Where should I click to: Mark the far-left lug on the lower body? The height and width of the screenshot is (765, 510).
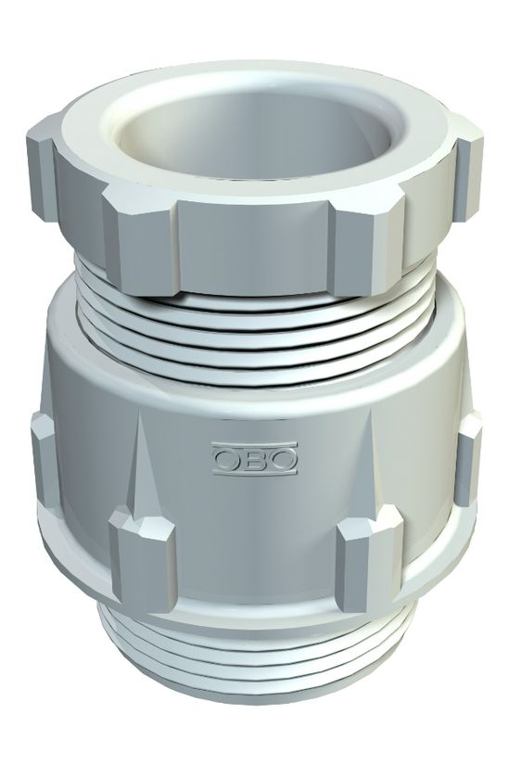[x=42, y=445]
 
